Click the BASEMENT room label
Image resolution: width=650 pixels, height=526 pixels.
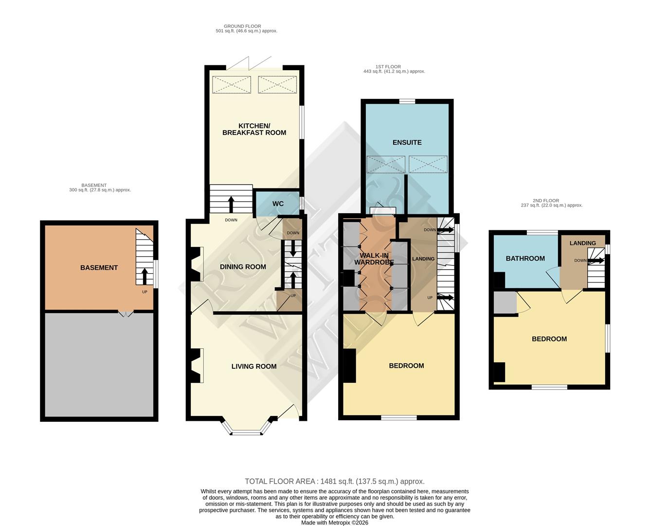(x=99, y=267)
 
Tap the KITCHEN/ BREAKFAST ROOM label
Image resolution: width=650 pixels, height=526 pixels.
(x=254, y=129)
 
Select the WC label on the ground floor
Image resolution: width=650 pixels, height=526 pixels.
(x=278, y=204)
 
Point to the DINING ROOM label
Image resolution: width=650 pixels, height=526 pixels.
(x=243, y=266)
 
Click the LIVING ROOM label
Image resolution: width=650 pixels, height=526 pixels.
(x=253, y=366)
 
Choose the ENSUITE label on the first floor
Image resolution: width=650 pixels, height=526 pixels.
(x=407, y=142)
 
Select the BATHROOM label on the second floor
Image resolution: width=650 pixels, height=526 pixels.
(x=525, y=258)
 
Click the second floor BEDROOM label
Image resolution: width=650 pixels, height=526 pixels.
(x=549, y=339)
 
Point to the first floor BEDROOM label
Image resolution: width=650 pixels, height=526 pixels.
(x=406, y=365)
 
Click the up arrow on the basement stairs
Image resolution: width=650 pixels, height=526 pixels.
(x=144, y=277)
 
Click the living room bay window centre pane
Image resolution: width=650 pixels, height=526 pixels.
(x=247, y=432)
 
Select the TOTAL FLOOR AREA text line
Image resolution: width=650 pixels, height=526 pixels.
(x=334, y=481)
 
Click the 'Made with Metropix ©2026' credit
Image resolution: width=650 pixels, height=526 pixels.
(x=334, y=523)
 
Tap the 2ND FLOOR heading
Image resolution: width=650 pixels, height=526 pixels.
(x=545, y=201)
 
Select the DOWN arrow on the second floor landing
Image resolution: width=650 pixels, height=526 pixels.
(x=597, y=261)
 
